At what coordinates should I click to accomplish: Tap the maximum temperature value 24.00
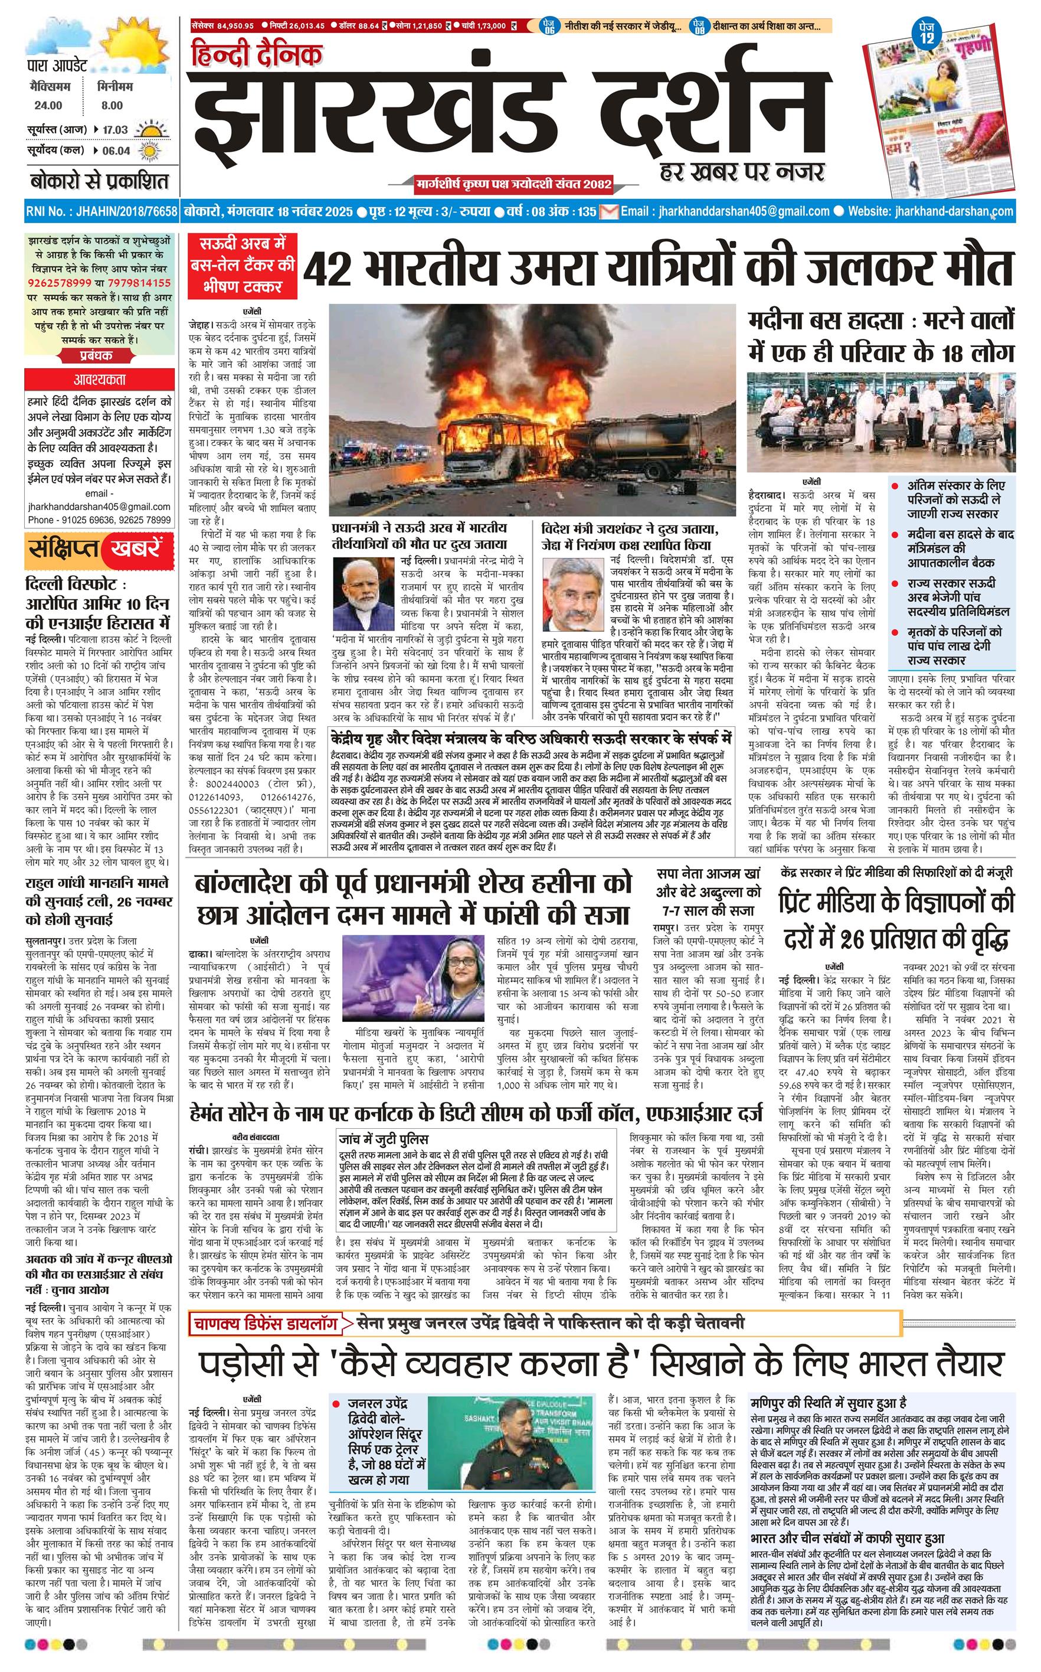point(48,105)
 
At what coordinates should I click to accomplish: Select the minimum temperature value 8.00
point(112,105)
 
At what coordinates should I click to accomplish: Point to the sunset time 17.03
point(116,129)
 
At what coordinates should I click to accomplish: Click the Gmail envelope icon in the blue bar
point(608,211)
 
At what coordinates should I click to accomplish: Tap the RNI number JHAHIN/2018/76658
point(102,211)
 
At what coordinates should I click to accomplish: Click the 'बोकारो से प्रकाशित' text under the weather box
point(99,182)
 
